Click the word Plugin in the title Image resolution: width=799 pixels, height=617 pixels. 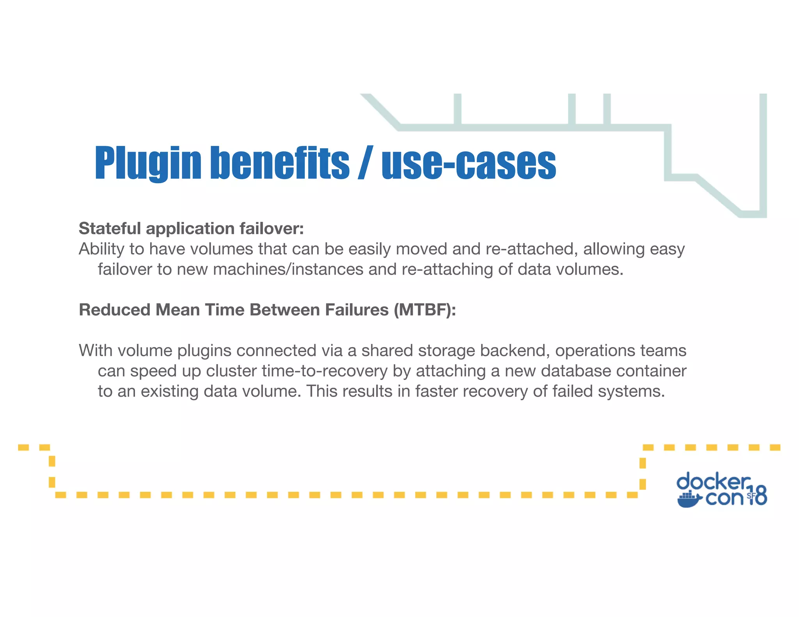pos(147,164)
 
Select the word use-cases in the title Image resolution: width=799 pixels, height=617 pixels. pos(469,164)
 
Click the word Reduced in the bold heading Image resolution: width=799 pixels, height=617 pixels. pos(114,310)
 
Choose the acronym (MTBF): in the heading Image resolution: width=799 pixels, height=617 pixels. pos(424,310)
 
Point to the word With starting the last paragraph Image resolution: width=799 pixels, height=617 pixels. pos(96,351)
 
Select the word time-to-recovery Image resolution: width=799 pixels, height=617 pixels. pos(325,371)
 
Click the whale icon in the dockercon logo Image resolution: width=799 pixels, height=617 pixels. pos(690,500)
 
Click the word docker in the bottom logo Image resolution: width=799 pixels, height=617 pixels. pos(713,482)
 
